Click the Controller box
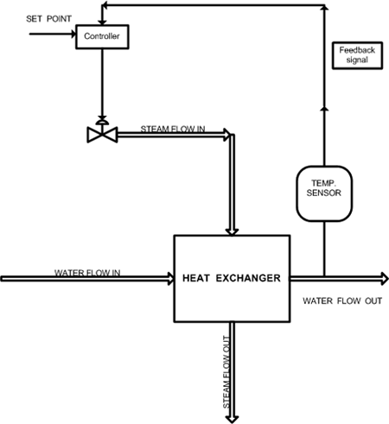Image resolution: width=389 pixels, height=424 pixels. pos(102,36)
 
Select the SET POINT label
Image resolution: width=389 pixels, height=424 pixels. pos(48,19)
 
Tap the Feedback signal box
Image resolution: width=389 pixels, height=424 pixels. pos(357,55)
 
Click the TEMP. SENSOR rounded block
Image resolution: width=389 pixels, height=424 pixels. pos(324,193)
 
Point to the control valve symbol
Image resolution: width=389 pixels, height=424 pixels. pos(102,132)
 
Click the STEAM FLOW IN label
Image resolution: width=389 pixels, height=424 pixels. pos(173,129)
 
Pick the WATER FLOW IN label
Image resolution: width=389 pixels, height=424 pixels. pos(87,273)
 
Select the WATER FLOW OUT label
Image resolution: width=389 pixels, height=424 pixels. pos(342,301)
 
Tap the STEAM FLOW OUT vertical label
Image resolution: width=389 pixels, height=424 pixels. pos(226,372)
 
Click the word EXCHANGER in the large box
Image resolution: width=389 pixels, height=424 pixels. pos(248,278)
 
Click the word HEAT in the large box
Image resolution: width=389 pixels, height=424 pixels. pos(195,278)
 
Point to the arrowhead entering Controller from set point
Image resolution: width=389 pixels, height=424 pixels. pos(73,34)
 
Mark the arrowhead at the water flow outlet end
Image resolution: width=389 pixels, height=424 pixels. pos(386,278)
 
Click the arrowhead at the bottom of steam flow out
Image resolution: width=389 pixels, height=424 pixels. pos(232,420)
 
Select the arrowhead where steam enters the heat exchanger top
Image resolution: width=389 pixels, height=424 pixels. pos(232,231)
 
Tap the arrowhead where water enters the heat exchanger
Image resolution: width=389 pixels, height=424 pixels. pos(171,278)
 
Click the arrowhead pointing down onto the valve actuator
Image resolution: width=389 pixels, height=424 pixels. pos(102,118)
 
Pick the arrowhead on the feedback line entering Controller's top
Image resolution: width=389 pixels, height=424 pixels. pos(102,22)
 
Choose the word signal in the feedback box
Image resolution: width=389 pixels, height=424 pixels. pos(357,60)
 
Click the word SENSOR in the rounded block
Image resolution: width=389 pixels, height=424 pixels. pos(324,193)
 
